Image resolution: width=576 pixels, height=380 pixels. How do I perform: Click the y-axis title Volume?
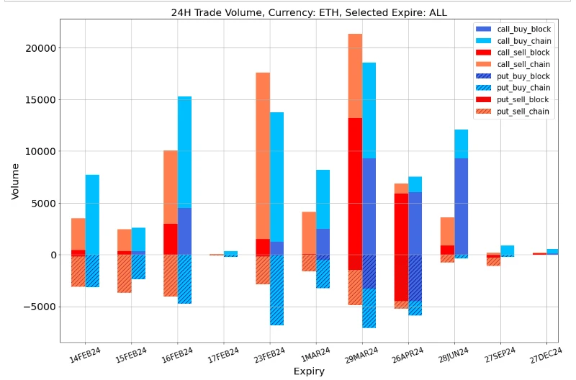click(x=15, y=181)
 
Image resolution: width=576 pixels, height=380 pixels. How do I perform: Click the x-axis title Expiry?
click(x=309, y=371)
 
